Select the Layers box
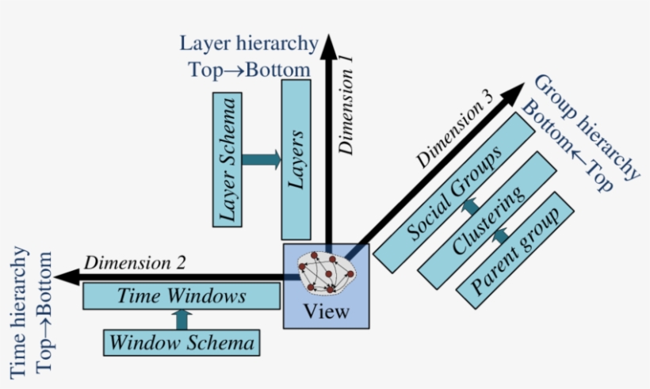pos(296,158)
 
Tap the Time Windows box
pos(182,297)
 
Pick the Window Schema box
pos(182,343)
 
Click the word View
pos(326,311)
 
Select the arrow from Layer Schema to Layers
pos(262,160)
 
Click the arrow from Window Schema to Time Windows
pos(182,320)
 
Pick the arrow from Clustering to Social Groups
pos(470,208)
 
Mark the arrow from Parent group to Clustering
pos(499,236)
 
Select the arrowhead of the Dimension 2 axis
pos(68,276)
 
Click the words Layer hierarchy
pos(249,44)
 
